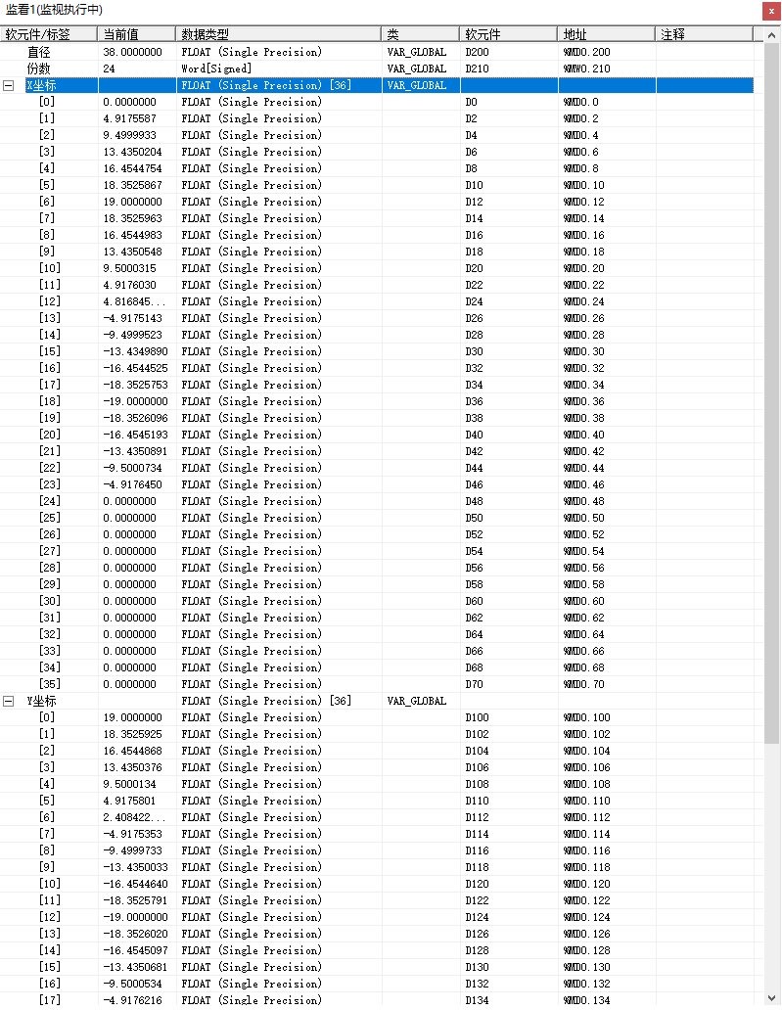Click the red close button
770,11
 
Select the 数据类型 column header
205,34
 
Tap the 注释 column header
672,34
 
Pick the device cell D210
477,69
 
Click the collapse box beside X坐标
8,85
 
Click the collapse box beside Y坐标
8,701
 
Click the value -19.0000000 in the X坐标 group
135,401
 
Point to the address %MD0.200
586,52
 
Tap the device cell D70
474,684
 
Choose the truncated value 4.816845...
135,301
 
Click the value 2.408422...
135,817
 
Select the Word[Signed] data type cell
216,69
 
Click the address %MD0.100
586,717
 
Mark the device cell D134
477,1000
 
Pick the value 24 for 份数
109,69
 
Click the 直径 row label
38,52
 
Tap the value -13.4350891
135,451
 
